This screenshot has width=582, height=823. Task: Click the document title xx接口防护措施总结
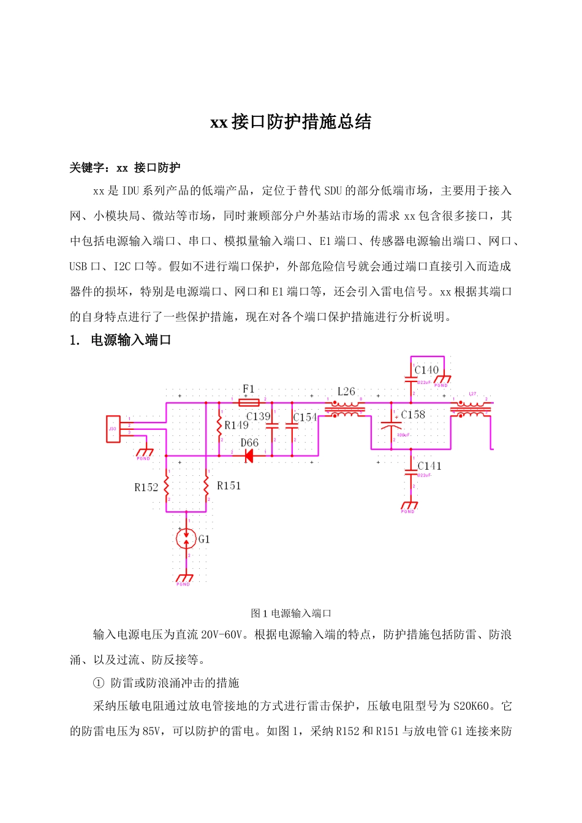290,122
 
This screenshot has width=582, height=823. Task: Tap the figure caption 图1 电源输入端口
291,613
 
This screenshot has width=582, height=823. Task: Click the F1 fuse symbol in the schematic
249,402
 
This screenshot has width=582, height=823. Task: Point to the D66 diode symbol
249,455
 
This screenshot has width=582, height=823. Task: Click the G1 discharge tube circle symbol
186,539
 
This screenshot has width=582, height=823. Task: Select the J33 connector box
113,429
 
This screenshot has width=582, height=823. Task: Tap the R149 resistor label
236,425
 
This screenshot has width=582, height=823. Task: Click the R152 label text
146,487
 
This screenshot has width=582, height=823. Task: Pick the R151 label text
229,486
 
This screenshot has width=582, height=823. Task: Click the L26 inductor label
346,391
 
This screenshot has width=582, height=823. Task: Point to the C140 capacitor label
426,370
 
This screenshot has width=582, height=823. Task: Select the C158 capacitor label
413,415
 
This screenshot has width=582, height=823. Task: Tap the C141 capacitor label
429,466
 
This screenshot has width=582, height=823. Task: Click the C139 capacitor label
258,416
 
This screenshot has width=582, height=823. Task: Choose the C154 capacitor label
304,417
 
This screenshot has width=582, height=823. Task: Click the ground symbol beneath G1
184,578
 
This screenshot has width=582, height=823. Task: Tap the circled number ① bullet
99,683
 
